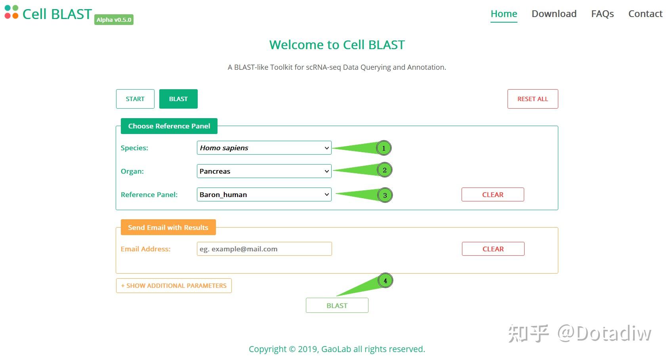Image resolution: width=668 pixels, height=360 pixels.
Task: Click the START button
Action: click(x=135, y=99)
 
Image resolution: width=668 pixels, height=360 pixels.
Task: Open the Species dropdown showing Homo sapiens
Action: click(x=264, y=148)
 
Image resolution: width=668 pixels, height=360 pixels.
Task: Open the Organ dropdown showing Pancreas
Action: click(x=264, y=171)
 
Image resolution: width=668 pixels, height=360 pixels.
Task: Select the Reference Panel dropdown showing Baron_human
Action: click(x=264, y=195)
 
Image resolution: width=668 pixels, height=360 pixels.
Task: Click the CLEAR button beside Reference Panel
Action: click(x=492, y=195)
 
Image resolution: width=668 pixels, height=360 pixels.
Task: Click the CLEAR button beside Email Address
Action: click(x=493, y=249)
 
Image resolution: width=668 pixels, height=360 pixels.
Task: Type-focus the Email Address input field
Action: click(x=264, y=249)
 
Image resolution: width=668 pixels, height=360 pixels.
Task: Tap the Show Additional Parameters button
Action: click(x=174, y=286)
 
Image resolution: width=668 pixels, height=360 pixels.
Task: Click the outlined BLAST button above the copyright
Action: click(x=337, y=306)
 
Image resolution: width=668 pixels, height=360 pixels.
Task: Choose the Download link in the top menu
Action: click(x=554, y=14)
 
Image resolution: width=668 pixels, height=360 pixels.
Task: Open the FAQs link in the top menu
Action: click(x=602, y=14)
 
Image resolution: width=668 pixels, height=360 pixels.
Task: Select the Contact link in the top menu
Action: click(x=645, y=14)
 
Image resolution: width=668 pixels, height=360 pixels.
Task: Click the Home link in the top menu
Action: click(x=504, y=14)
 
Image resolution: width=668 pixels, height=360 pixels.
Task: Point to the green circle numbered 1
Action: click(x=384, y=148)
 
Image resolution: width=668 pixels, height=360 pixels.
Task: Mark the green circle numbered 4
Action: click(x=385, y=281)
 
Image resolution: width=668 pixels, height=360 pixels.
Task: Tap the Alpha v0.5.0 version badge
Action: click(x=114, y=20)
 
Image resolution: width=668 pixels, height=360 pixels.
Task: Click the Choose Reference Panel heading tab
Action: click(x=169, y=126)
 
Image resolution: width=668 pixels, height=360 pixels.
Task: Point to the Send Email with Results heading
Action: click(x=168, y=228)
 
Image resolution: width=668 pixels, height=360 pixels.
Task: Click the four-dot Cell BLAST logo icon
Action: click(x=11, y=12)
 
